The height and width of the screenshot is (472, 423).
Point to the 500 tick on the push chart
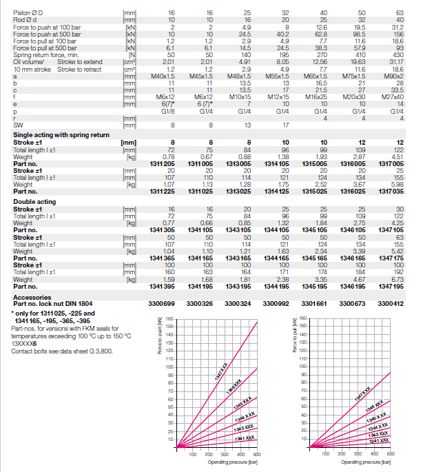(x=257, y=455)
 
